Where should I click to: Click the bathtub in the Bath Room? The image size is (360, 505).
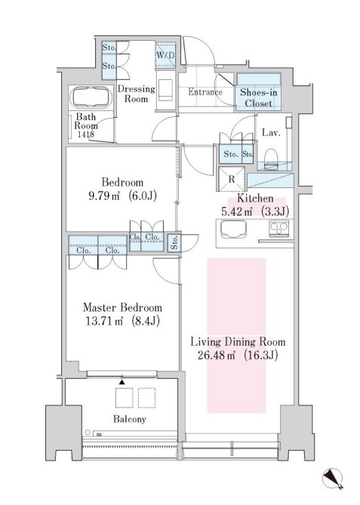[x=91, y=98]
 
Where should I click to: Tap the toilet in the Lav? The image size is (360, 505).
[x=271, y=158]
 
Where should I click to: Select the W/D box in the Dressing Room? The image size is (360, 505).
[x=166, y=55]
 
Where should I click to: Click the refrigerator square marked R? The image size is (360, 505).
[x=232, y=179]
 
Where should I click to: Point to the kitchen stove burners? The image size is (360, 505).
[x=278, y=229]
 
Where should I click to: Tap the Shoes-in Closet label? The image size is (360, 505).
[x=258, y=98]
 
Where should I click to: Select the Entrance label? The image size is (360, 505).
[x=205, y=92]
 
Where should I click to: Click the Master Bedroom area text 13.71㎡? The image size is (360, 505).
[x=104, y=321]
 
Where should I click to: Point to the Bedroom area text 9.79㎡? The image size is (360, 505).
[x=104, y=196]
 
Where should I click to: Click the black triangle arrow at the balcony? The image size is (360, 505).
[x=122, y=382]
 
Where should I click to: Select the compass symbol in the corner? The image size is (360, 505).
[x=332, y=479]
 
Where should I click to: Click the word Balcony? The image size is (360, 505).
[x=130, y=419]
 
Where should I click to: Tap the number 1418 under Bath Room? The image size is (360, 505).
[x=86, y=134]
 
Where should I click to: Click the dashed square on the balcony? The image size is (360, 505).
[x=147, y=398]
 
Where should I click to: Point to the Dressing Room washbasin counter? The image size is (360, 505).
[x=165, y=90]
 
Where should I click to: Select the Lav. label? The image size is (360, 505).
[x=271, y=132]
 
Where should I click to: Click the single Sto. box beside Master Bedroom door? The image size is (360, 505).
[x=174, y=242]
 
